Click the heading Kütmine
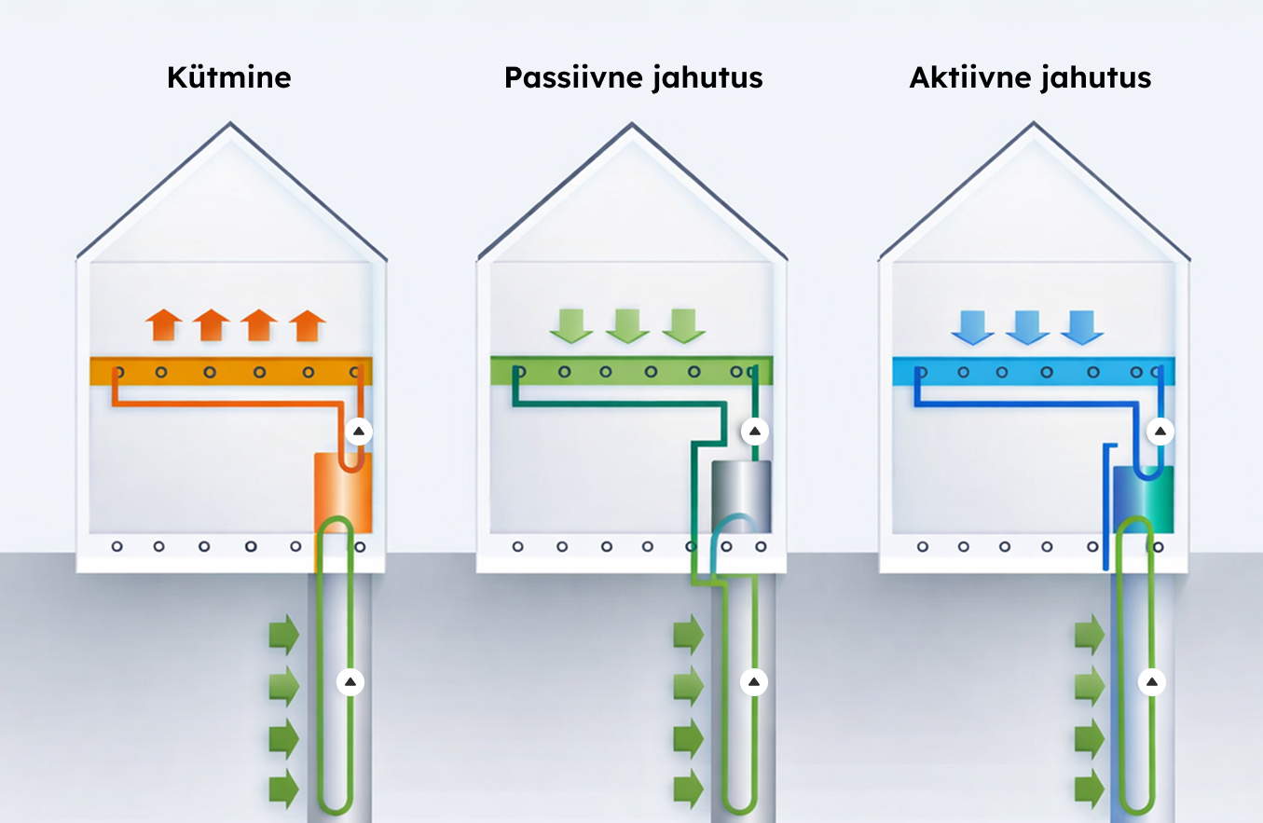pyautogui.click(x=229, y=77)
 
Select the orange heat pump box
pyautogui.click(x=343, y=493)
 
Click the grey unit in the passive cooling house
pyautogui.click(x=741, y=497)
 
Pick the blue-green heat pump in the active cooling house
pyautogui.click(x=1143, y=500)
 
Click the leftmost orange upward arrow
pyautogui.click(x=163, y=325)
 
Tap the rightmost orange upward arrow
pyautogui.click(x=308, y=325)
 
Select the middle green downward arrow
pyautogui.click(x=627, y=326)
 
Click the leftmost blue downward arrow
pyautogui.click(x=972, y=327)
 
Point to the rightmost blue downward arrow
pyautogui.click(x=1082, y=327)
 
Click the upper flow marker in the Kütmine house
pyautogui.click(x=359, y=432)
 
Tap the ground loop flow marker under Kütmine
pyautogui.click(x=350, y=682)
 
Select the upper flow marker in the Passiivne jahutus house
pyautogui.click(x=755, y=432)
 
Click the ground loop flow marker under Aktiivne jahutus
pyautogui.click(x=1152, y=682)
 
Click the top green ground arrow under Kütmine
pyautogui.click(x=284, y=635)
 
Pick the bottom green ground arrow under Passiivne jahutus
pyautogui.click(x=689, y=789)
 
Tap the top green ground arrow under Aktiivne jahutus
pyautogui.click(x=1090, y=635)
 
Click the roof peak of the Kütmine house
pyautogui.click(x=230, y=122)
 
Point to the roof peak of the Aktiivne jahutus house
pyautogui.click(x=1034, y=122)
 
